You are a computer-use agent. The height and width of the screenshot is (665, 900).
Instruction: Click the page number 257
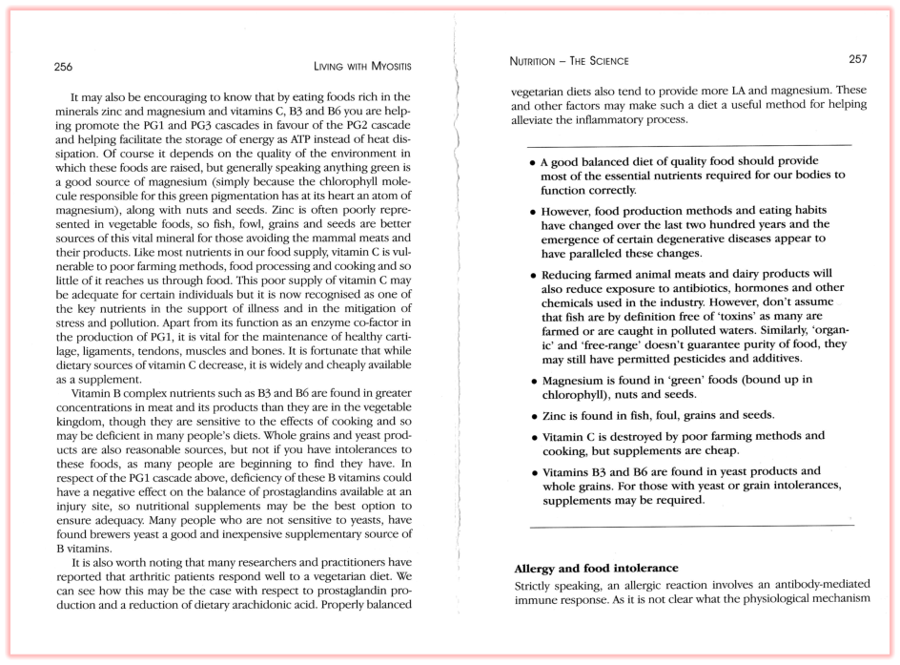pos(857,59)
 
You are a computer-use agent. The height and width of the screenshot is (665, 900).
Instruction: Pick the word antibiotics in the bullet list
pos(686,287)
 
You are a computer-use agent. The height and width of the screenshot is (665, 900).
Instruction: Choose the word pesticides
pos(687,359)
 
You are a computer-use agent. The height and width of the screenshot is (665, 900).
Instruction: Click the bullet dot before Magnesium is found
pos(532,381)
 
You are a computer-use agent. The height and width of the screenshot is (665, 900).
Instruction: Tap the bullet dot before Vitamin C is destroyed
pos(532,437)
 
